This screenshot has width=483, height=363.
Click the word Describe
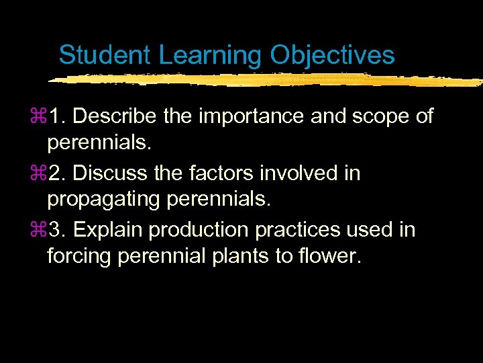coord(115,116)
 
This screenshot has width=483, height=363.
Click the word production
coord(199,230)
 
